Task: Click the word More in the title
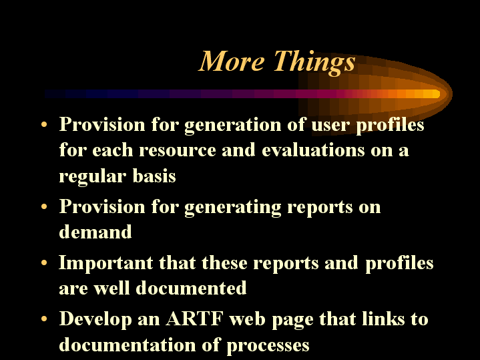pyautogui.click(x=232, y=61)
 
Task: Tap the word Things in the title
pyautogui.click(x=314, y=63)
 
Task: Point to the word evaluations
pyautogui.click(x=313, y=150)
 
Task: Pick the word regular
pyautogui.click(x=92, y=177)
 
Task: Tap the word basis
pyautogui.click(x=154, y=176)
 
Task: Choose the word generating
pyautogui.click(x=233, y=208)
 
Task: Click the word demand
pyautogui.click(x=95, y=231)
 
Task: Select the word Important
pyautogui.click(x=105, y=264)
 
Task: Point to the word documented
pyautogui.click(x=191, y=288)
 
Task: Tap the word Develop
pyautogui.click(x=95, y=320)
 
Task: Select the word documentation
pyautogui.click(x=128, y=344)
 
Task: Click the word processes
pyautogui.click(x=268, y=346)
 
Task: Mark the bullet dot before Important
pyautogui.click(x=44, y=262)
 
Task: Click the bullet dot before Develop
pyautogui.click(x=44, y=319)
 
